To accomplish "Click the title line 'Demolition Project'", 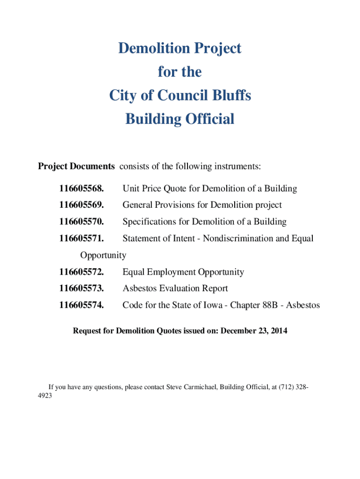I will tap(180, 48).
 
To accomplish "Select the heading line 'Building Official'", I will tap(180, 119).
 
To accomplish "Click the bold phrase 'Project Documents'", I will tap(76, 166).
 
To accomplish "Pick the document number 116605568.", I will tap(81, 189).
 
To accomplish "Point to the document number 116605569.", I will tap(81, 205).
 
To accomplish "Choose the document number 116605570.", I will tap(81, 222).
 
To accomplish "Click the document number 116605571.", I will tap(81, 239).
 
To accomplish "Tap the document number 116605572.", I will tap(81, 272).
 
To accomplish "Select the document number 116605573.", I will tap(81, 289).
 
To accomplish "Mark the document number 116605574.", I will tap(81, 305).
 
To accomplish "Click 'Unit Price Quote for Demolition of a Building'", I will tap(209, 189).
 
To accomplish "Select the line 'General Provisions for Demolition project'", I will tap(202, 205).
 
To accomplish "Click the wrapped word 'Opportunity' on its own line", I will tap(103, 255).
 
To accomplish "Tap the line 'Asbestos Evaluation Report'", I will tap(175, 289).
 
